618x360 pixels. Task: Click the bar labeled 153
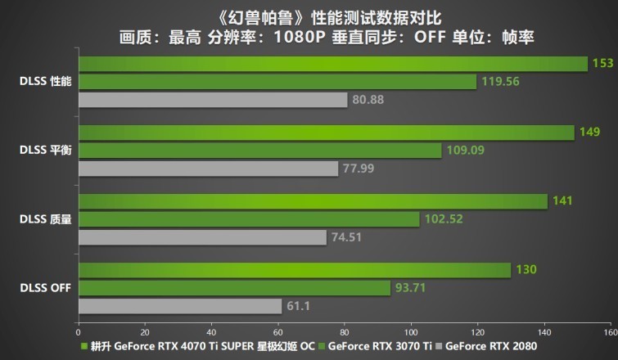point(333,64)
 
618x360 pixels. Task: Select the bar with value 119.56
point(277,82)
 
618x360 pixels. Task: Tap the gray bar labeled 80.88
point(213,100)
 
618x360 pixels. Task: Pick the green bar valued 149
point(327,133)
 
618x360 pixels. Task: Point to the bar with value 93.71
point(234,288)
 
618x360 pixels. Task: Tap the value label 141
point(562,201)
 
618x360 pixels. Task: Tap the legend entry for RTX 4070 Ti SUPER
point(201,347)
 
